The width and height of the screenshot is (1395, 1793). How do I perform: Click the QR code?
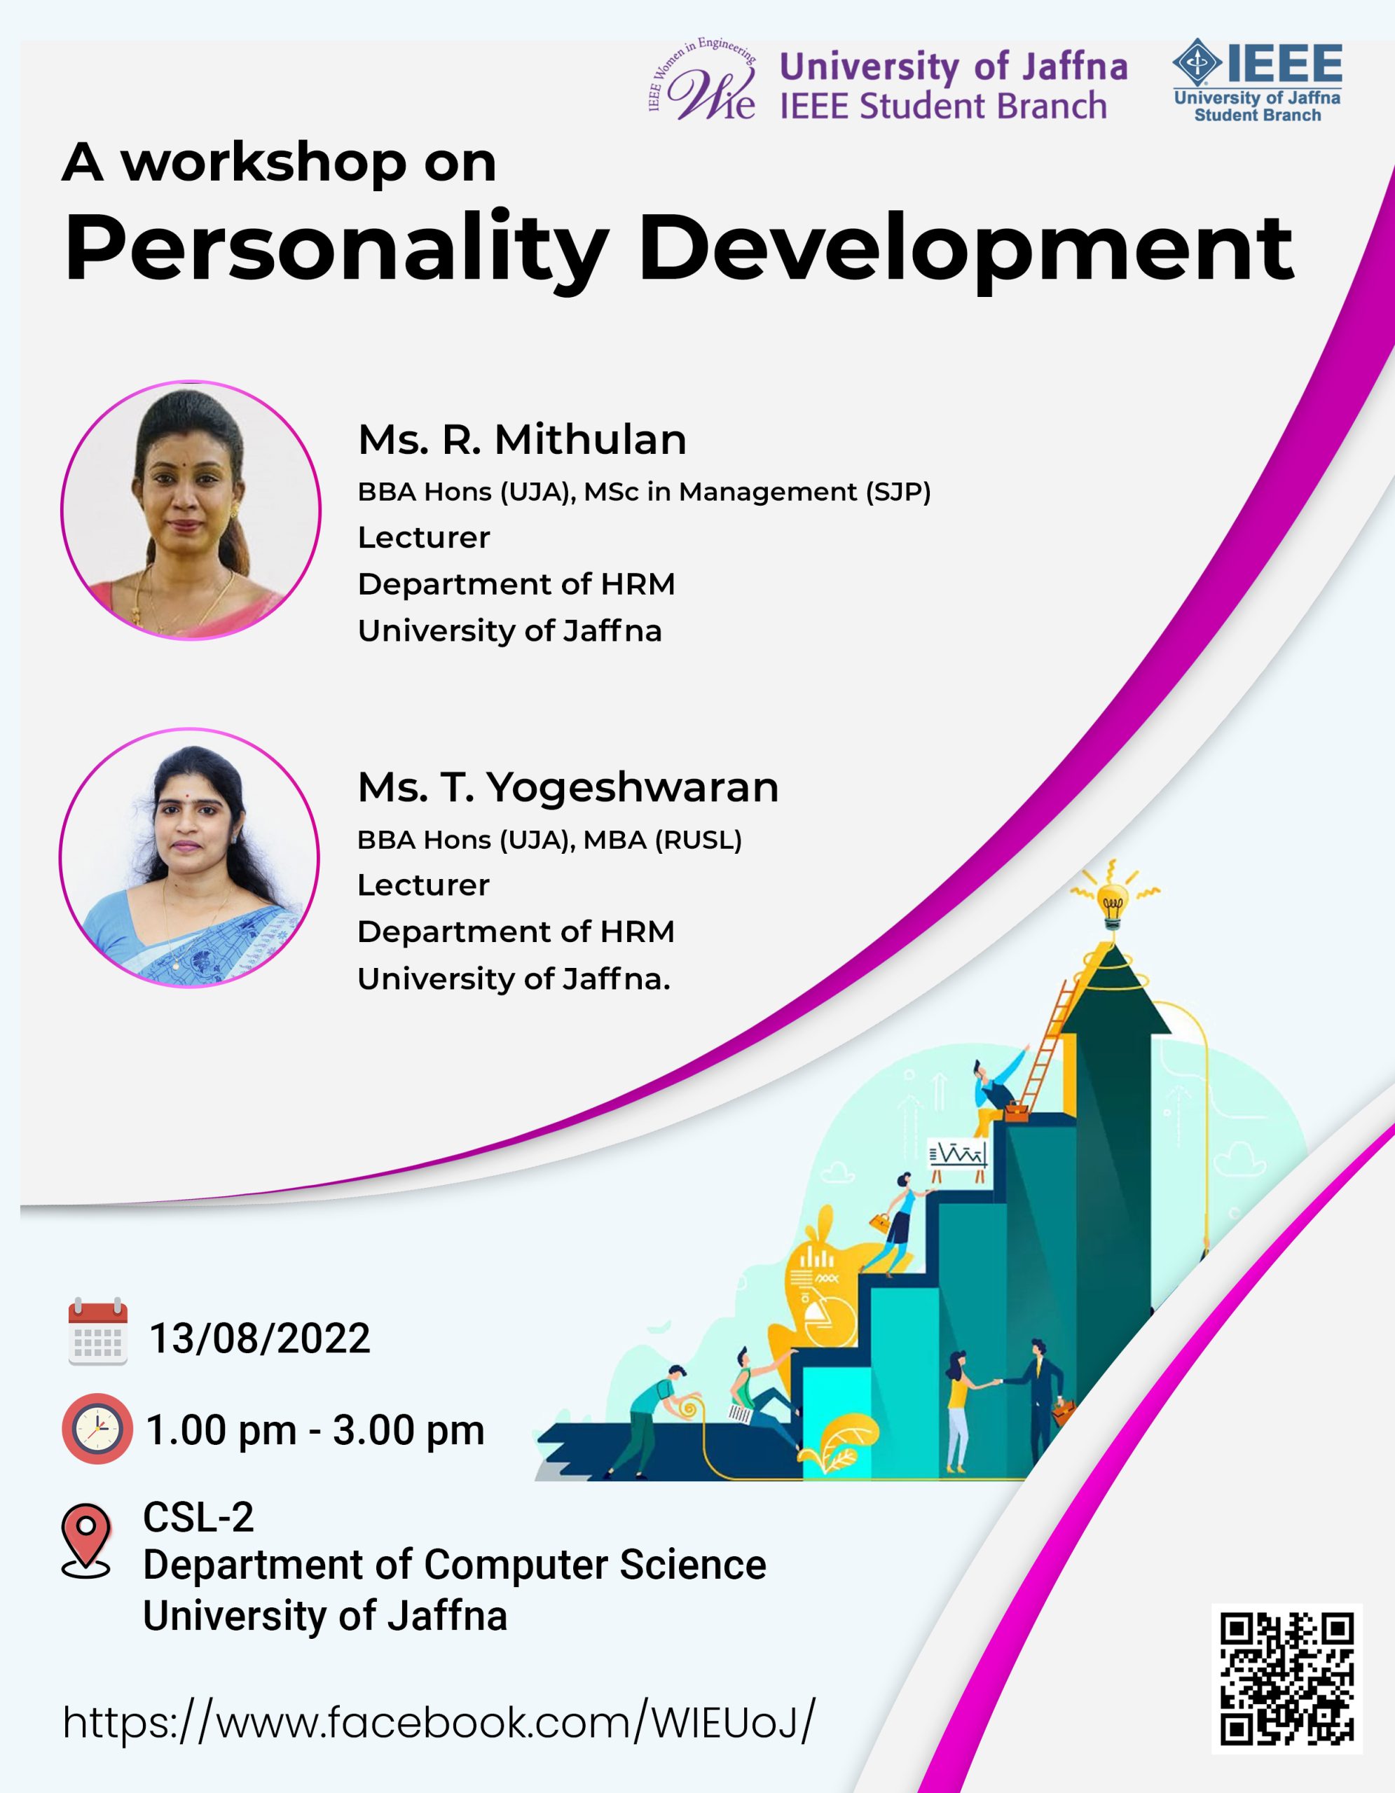[1286, 1678]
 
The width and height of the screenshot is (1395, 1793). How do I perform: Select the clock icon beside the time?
[97, 1429]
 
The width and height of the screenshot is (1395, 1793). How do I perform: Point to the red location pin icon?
[86, 1540]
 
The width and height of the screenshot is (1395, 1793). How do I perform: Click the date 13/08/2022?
[259, 1338]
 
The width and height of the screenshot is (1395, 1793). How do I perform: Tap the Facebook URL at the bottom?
[439, 1721]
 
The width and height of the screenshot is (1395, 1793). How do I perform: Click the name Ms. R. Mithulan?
[522, 439]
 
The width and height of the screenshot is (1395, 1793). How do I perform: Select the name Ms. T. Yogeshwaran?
[568, 787]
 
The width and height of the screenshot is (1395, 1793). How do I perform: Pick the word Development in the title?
[965, 249]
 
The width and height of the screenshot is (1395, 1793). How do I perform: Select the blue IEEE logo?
[1257, 81]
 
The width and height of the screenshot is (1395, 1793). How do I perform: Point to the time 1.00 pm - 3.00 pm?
[315, 1430]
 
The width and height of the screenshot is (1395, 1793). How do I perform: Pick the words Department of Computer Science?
[455, 1565]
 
